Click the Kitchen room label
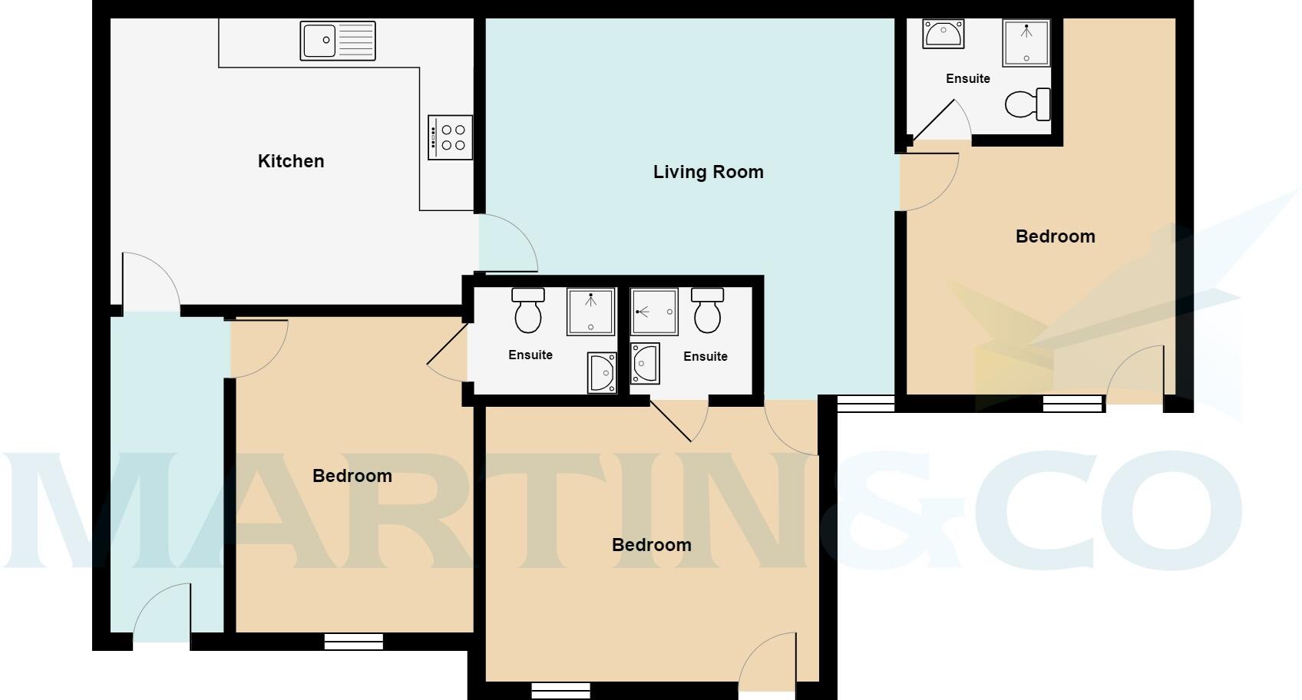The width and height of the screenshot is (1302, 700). click(291, 161)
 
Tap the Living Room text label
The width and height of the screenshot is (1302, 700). click(708, 172)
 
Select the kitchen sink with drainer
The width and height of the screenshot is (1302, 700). click(338, 41)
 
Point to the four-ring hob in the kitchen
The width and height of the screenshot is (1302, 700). click(450, 137)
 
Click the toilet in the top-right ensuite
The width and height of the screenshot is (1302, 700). click(1027, 105)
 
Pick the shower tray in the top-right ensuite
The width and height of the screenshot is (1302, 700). click(1026, 43)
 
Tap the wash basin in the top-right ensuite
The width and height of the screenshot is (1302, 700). click(943, 34)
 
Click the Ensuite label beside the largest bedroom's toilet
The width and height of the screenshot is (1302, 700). click(967, 78)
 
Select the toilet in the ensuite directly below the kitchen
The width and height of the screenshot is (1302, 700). click(528, 310)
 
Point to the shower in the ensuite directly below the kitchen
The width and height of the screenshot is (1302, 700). click(590, 312)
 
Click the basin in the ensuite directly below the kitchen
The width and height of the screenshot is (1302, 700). click(602, 373)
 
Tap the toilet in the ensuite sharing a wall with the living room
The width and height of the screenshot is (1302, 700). click(707, 310)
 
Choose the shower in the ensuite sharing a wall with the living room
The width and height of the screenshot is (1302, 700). click(654, 312)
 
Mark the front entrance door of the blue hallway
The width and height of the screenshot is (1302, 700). click(163, 613)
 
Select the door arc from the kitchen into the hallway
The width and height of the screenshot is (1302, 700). click(150, 281)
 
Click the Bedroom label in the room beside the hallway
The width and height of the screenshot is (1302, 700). click(352, 476)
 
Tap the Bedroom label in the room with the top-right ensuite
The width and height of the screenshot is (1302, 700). click(1055, 236)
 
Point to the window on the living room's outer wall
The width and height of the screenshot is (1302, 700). click(865, 403)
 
